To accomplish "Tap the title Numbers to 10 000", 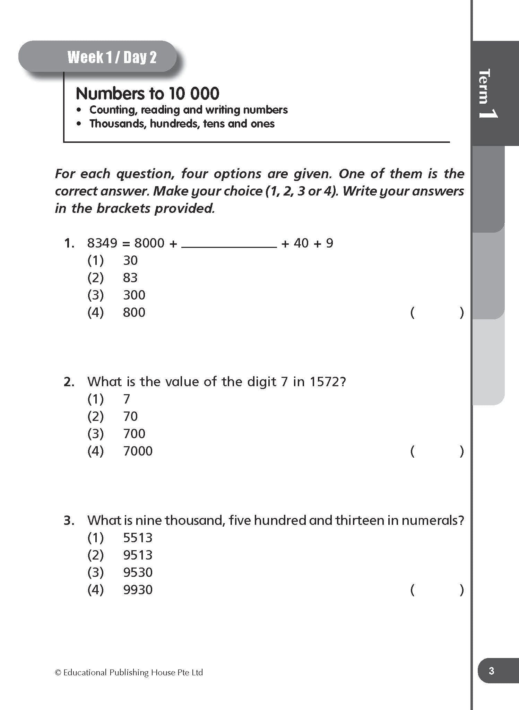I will [x=147, y=94].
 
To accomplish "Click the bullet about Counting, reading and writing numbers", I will [x=188, y=110].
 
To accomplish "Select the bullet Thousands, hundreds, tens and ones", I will [x=182, y=124].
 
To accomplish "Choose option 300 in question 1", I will [x=134, y=295].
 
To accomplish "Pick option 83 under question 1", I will [x=130, y=278].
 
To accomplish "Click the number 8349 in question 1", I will [x=102, y=243].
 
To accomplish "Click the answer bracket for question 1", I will [x=437, y=313].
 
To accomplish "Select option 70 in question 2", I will [x=130, y=416].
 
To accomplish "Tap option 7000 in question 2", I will [x=138, y=451].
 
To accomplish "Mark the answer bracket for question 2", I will [x=437, y=451].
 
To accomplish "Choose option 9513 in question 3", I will [x=138, y=555].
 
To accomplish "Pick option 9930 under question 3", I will [x=138, y=590].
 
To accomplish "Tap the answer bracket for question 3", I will [x=437, y=590].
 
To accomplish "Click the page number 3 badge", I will [x=491, y=671].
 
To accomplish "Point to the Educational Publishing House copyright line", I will [x=129, y=673].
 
